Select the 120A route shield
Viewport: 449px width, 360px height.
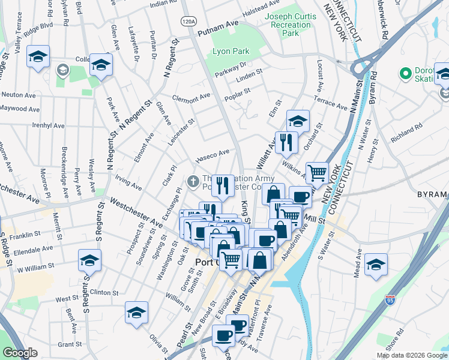[x=188, y=21]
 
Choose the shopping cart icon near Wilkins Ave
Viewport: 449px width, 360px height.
[x=317, y=173]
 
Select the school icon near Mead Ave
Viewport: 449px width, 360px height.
[x=376, y=263]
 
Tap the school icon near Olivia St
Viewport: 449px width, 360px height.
[x=136, y=312]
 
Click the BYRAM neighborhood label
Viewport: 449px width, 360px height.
[x=432, y=194]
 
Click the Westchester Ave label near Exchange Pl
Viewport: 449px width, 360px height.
[x=134, y=212]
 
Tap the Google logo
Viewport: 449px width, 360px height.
[x=20, y=352]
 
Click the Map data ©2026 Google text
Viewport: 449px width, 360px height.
[x=411, y=355]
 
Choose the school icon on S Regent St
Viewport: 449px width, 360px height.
[x=89, y=260]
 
